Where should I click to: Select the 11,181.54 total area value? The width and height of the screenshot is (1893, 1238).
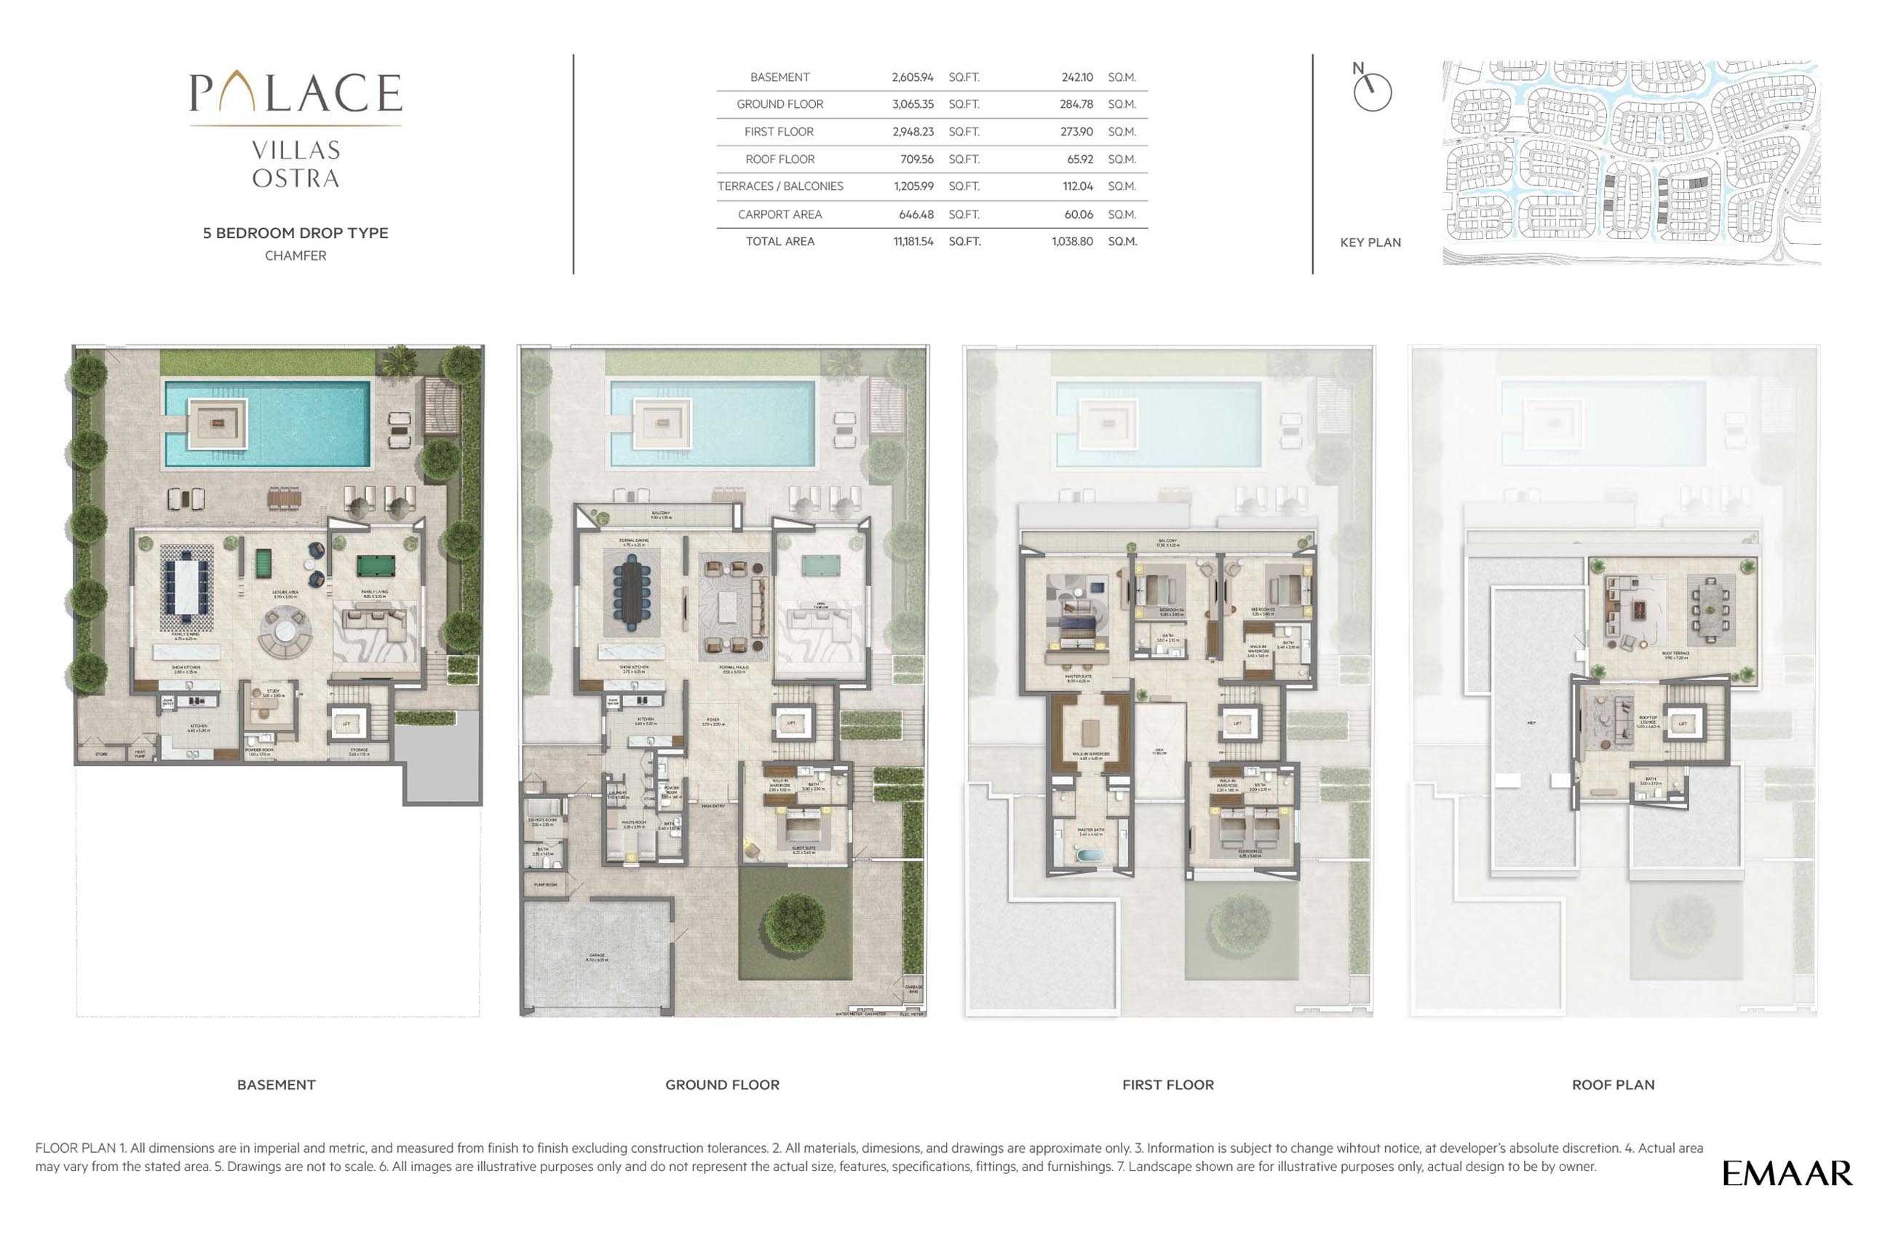913,241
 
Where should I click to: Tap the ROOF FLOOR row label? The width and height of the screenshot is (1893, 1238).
779,159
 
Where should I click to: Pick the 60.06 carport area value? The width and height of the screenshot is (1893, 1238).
1078,214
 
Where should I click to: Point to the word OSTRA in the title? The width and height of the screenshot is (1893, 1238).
296,178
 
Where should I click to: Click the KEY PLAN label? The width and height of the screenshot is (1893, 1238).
1370,243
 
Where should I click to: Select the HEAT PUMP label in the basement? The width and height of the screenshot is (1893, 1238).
140,753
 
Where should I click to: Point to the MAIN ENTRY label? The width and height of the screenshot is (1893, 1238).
713,806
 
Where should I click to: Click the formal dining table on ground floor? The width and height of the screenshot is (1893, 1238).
632,594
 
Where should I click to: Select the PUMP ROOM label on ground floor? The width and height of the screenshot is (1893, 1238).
545,885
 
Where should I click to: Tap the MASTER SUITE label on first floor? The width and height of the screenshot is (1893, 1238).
1079,677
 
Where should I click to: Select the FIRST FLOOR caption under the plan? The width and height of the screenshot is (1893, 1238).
1167,1084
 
